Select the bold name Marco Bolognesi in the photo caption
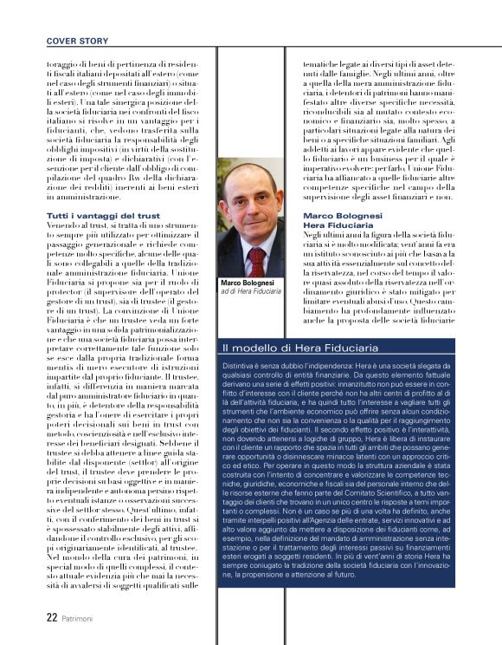[x=248, y=283]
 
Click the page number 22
[x=52, y=617]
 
